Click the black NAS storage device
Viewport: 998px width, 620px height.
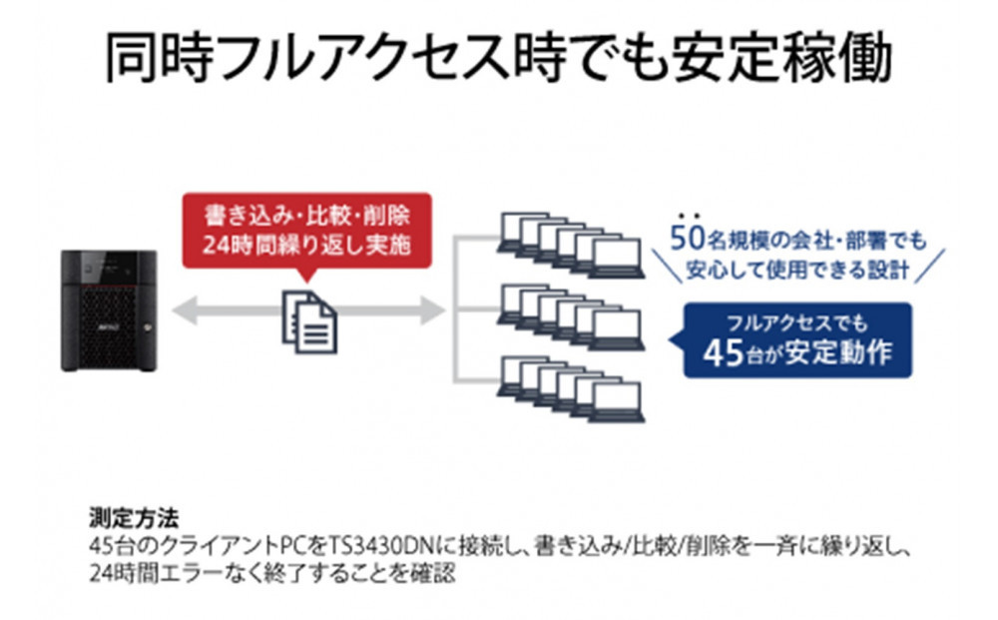[109, 310]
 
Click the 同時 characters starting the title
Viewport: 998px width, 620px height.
[151, 60]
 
